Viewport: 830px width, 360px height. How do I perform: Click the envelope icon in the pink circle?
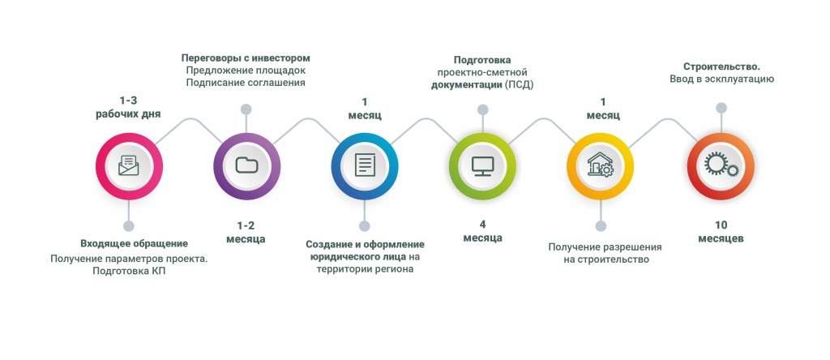(x=128, y=165)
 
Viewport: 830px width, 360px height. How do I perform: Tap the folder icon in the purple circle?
(x=246, y=165)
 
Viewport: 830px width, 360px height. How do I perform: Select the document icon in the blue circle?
(x=365, y=165)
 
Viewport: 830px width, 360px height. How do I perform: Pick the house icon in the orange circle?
(x=600, y=165)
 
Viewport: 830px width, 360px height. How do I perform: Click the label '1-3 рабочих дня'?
(x=128, y=107)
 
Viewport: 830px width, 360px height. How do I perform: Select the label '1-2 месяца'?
(x=246, y=232)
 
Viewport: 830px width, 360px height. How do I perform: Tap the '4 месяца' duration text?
(x=482, y=231)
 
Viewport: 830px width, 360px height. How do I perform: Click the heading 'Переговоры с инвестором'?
(x=246, y=58)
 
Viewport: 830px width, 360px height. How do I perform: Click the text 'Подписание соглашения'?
(x=246, y=83)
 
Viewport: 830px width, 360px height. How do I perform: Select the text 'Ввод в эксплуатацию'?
(x=721, y=79)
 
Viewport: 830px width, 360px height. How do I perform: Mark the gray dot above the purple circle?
(x=246, y=109)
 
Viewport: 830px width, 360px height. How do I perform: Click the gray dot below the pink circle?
(x=128, y=226)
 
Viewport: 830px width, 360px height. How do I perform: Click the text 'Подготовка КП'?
(x=130, y=272)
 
